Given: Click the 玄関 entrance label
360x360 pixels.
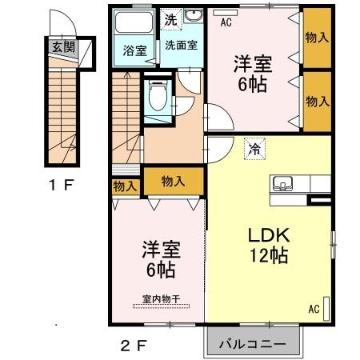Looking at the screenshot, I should pyautogui.click(x=63, y=47).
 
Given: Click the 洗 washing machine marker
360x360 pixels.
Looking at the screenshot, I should pyautogui.click(x=171, y=19).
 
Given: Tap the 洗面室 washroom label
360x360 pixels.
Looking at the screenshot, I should pyautogui.click(x=180, y=46).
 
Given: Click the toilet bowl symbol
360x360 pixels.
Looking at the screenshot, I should pyautogui.click(x=158, y=98).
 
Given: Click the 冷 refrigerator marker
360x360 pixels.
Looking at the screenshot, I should pyautogui.click(x=254, y=148).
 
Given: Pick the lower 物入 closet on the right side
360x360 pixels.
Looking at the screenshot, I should pyautogui.click(x=317, y=101).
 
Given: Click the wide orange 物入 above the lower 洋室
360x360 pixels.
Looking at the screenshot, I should pyautogui.click(x=173, y=181).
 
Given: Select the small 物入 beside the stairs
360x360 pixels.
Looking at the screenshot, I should pyautogui.click(x=124, y=186).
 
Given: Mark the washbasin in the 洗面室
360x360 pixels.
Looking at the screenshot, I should pyautogui.click(x=194, y=18).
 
